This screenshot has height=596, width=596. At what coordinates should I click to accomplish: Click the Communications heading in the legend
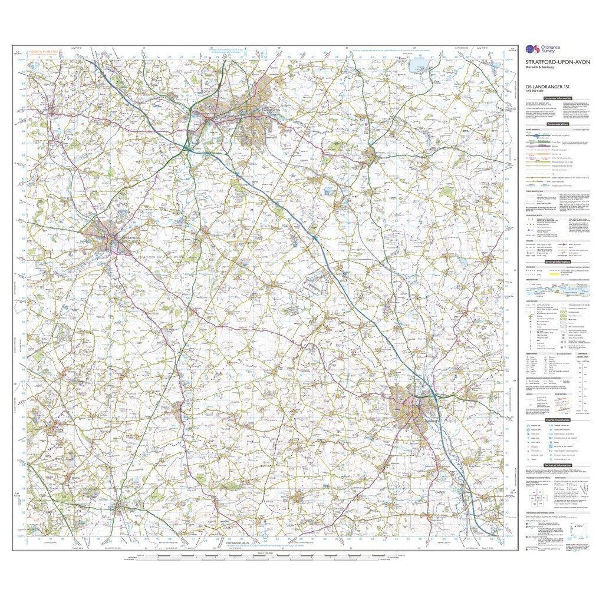[x=557, y=124]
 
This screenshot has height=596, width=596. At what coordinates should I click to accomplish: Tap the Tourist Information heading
[x=557, y=420]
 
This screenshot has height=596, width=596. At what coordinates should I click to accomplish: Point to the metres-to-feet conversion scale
[x=584, y=377]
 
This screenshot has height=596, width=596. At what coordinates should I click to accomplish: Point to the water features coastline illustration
[x=557, y=289]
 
